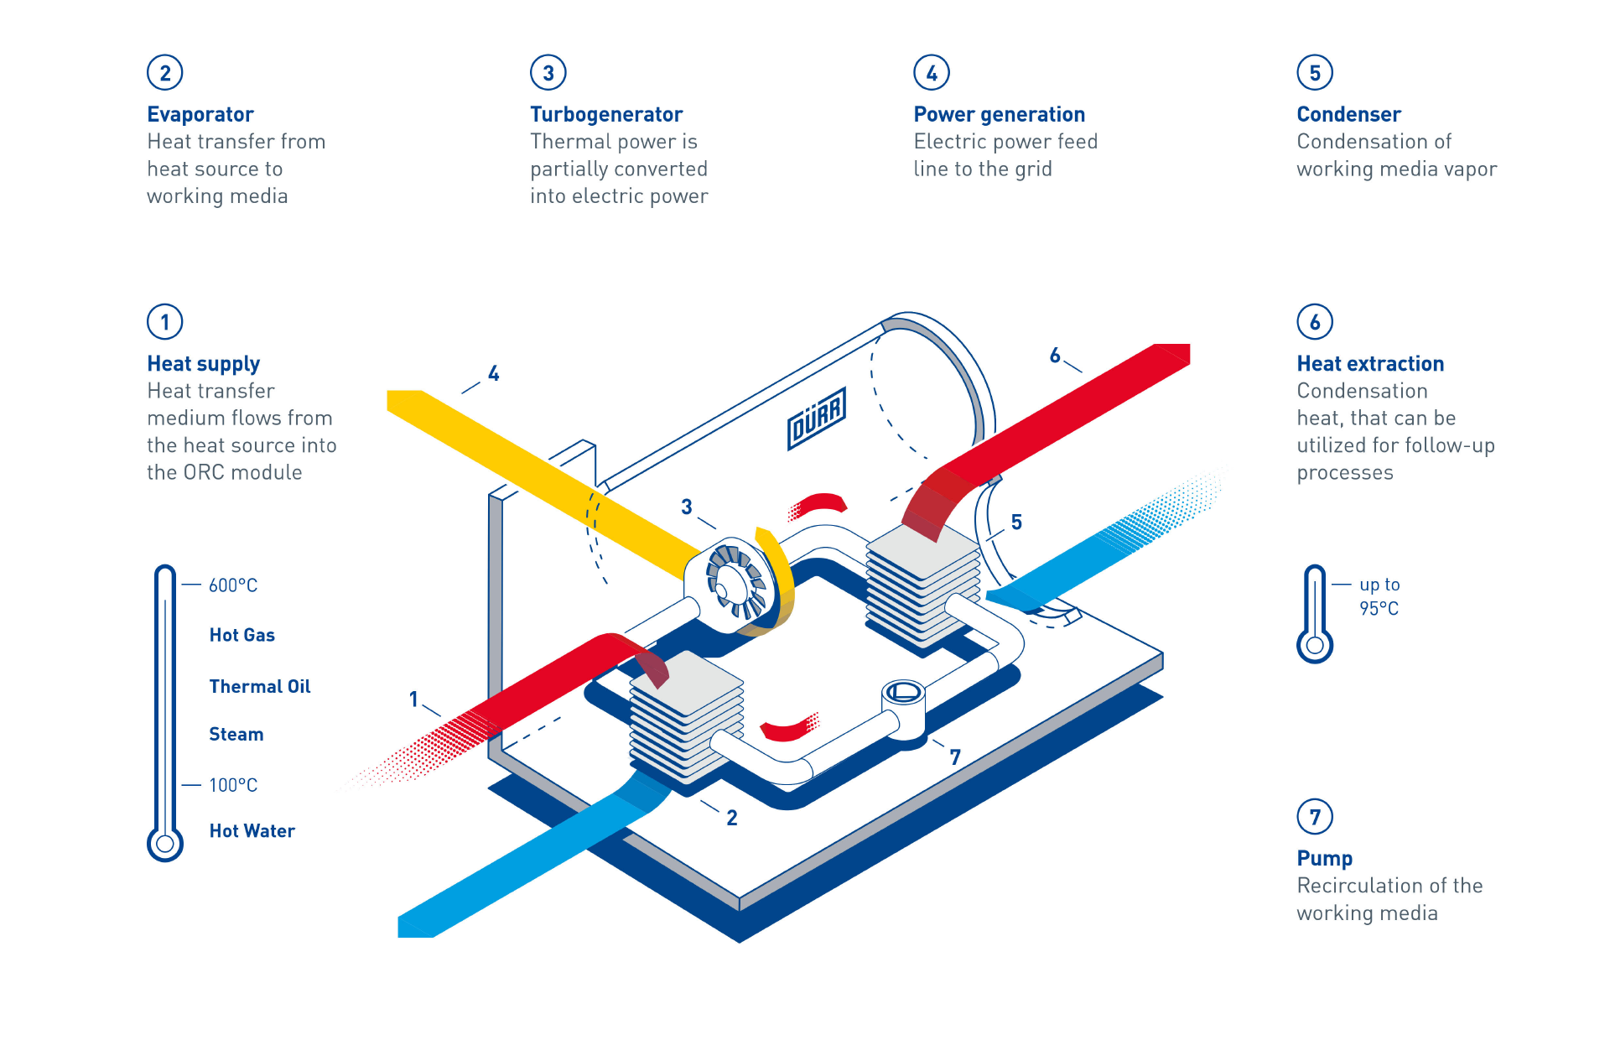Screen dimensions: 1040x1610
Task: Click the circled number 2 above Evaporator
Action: tap(165, 73)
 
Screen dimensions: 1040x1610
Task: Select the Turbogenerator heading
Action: tap(605, 114)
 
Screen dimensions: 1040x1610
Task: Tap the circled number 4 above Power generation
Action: tap(931, 73)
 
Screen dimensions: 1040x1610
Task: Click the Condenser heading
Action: tap(1348, 114)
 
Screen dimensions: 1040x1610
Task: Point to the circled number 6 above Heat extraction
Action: tap(1314, 322)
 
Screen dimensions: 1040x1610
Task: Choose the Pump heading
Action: tap(1324, 858)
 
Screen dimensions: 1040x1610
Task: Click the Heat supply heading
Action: tap(203, 363)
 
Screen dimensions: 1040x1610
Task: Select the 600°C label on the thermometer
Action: tap(232, 585)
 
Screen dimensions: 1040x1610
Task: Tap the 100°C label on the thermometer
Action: tap(232, 785)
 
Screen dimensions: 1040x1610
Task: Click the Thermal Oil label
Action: tap(259, 686)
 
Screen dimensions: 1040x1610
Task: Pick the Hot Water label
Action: tap(252, 830)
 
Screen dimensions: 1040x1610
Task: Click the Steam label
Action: tap(236, 734)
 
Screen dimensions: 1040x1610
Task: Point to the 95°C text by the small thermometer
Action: tap(1379, 608)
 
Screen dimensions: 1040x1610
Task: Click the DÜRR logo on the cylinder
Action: tap(816, 418)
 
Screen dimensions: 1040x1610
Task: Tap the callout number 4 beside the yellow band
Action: tap(493, 373)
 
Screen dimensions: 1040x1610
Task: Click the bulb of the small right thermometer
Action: tap(1314, 646)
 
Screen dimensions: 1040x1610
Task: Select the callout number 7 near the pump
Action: tap(954, 757)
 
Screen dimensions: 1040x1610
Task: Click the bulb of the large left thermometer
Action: tap(165, 843)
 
